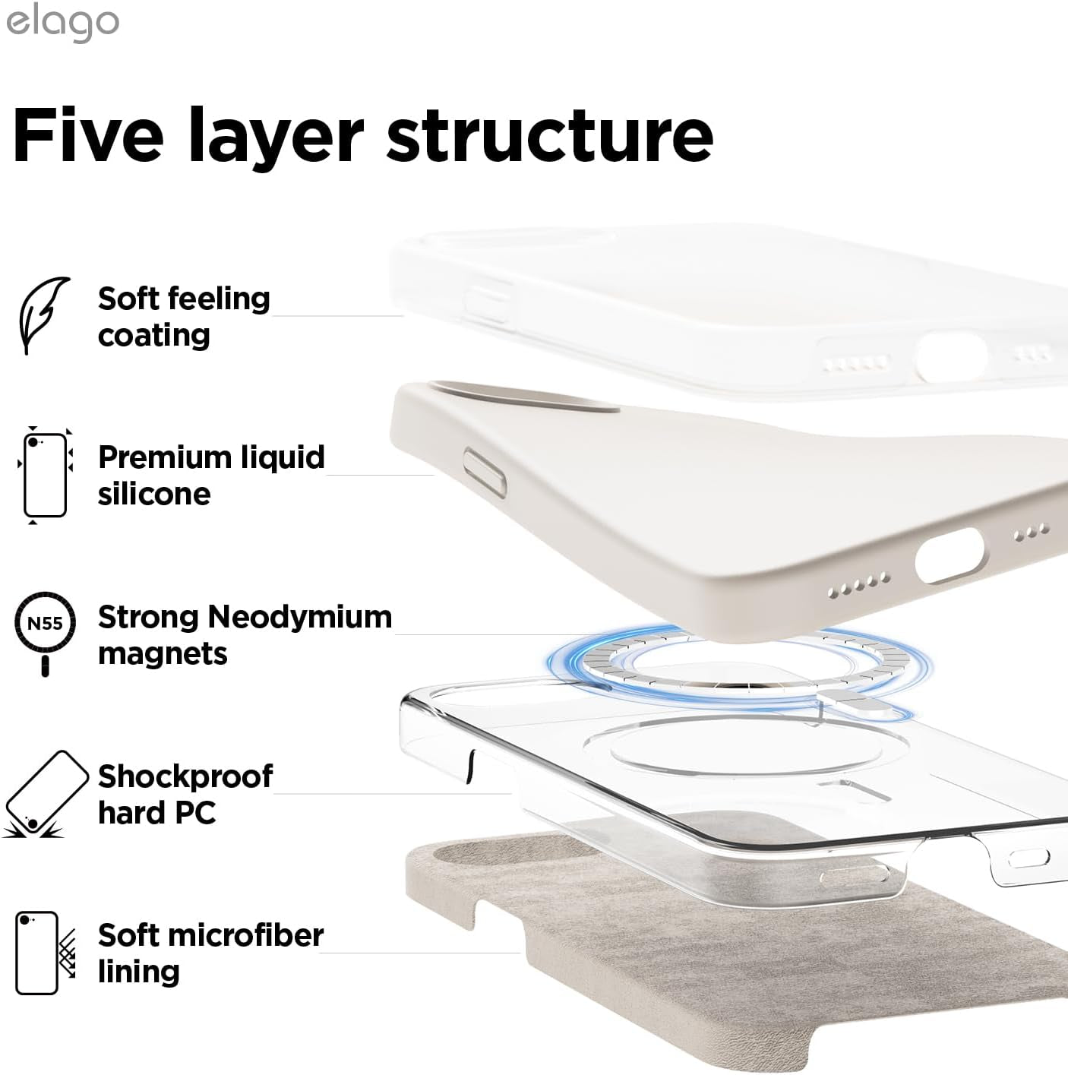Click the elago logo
(x=62, y=23)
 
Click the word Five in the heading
(x=87, y=135)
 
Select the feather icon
(x=43, y=315)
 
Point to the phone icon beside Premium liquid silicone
(x=45, y=476)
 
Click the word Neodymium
(x=300, y=617)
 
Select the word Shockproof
(x=185, y=776)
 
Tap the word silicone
(x=154, y=495)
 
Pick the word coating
(x=154, y=336)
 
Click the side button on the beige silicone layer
(x=485, y=472)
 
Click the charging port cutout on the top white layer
(x=950, y=356)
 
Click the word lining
(x=139, y=972)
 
